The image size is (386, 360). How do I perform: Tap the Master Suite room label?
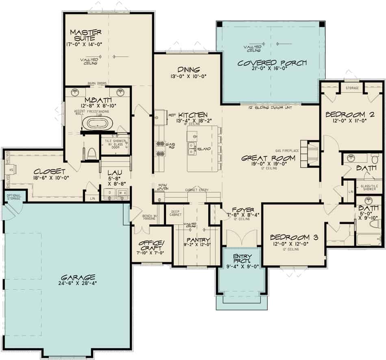point(86,35)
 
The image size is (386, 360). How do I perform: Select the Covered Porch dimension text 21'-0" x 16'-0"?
point(272,71)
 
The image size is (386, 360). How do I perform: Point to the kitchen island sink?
point(191,150)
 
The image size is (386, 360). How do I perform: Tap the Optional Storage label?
point(14,197)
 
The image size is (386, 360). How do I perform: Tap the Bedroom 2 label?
point(347,115)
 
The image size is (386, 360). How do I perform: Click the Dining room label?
point(188,69)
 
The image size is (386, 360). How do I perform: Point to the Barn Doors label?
point(97,83)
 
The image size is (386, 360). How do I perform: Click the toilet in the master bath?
point(91,153)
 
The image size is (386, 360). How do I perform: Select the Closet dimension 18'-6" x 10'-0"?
point(50,178)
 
